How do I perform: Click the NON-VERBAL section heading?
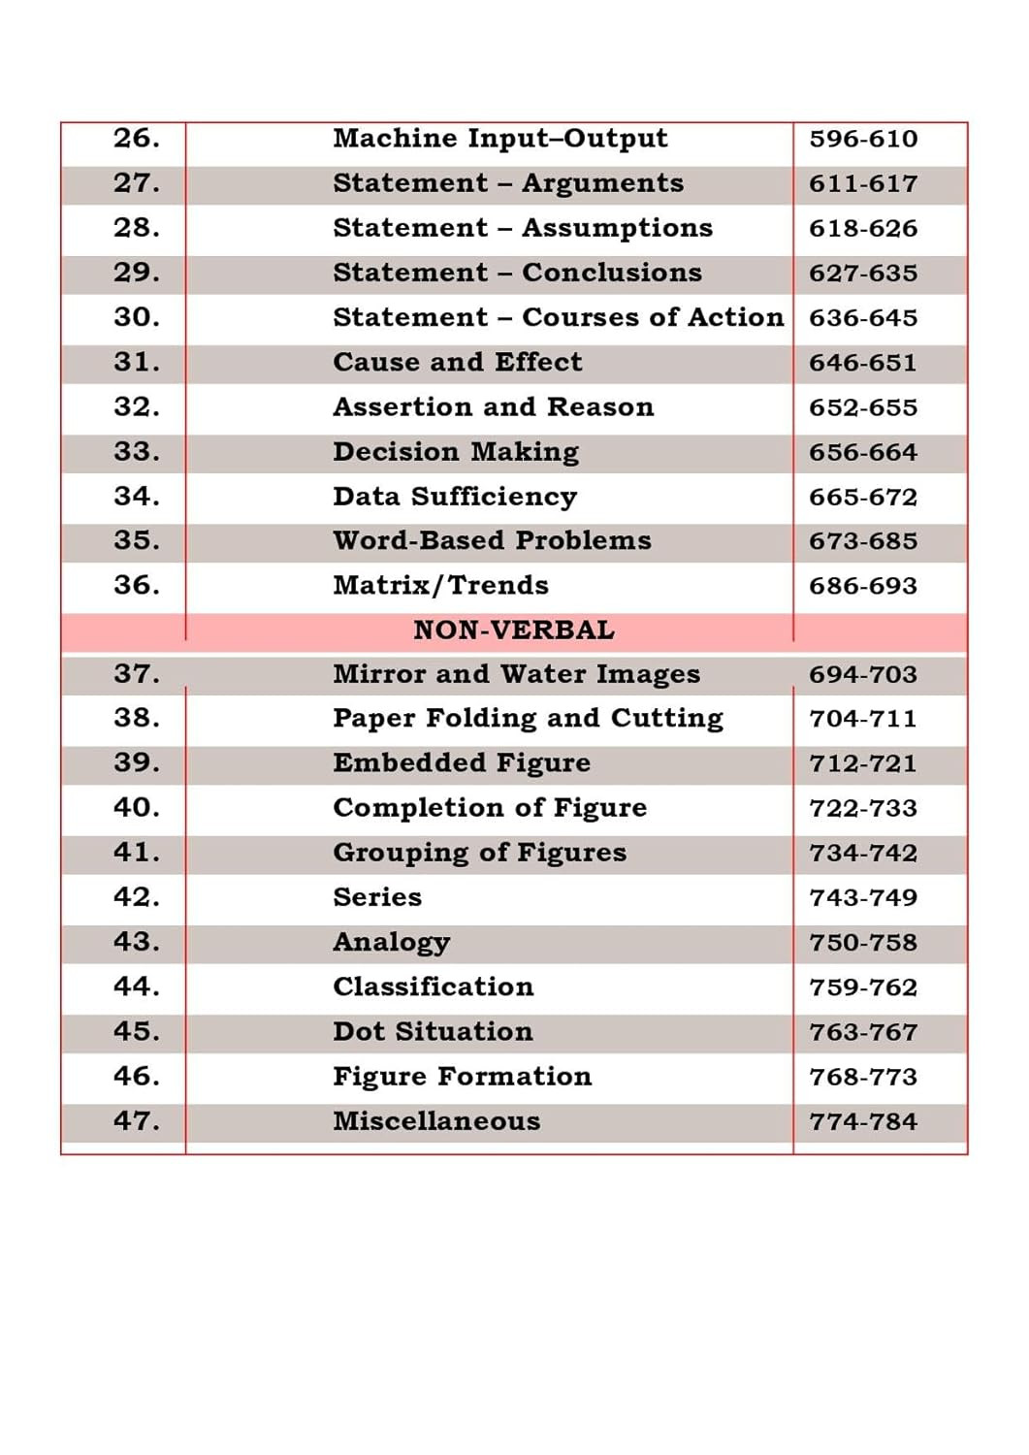point(514,630)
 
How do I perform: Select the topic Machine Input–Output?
point(499,139)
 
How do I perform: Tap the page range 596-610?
point(863,139)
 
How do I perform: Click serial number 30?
point(137,317)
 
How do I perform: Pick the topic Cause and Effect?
point(457,362)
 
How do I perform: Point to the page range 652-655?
point(863,407)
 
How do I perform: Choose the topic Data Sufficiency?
point(455,497)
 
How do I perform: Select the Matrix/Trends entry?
point(440,585)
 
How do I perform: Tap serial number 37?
point(137,674)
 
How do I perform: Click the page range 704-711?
point(863,719)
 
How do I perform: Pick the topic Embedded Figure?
point(462,763)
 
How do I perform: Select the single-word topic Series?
point(377,897)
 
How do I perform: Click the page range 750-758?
point(863,942)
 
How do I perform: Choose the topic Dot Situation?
point(433,1031)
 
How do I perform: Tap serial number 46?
point(137,1076)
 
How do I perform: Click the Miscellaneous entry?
point(436,1121)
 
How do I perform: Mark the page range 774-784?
point(863,1121)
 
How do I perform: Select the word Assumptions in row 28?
point(617,228)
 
